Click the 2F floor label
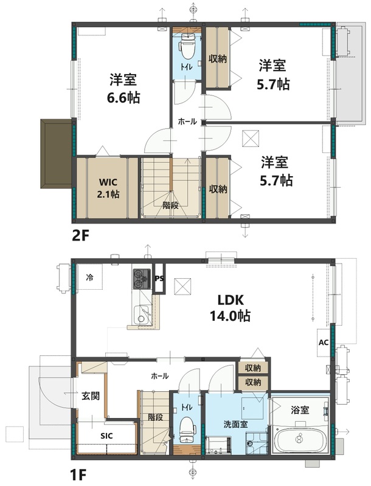point(81,236)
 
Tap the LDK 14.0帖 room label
point(231,308)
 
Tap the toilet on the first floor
point(186,430)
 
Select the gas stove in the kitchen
point(141,279)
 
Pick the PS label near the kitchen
point(159,279)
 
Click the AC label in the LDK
point(323,342)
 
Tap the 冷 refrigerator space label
point(89,278)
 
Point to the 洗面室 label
point(234,423)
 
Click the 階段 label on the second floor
point(170,205)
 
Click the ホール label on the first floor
point(159,376)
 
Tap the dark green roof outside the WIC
point(56,153)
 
